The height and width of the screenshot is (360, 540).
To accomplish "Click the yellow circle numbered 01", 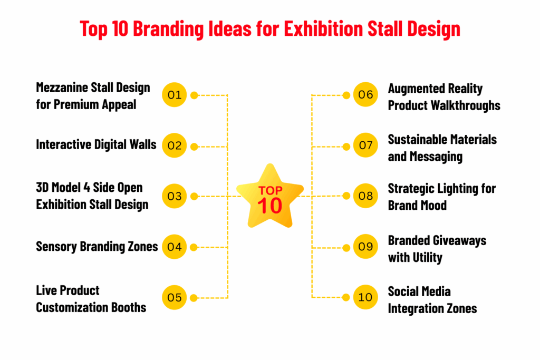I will pos(175,95).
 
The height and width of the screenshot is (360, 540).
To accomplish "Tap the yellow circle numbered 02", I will pos(175,145).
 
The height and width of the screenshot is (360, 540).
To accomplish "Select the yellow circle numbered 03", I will pos(175,196).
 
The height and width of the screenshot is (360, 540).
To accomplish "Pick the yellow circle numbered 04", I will pos(175,247).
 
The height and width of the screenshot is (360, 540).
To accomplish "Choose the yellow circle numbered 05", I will pos(175,298).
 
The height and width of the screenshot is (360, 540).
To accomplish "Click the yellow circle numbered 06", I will pos(365,95).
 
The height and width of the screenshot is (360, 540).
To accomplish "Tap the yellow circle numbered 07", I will pos(365,145).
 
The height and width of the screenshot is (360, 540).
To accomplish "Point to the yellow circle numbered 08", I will pos(365,196).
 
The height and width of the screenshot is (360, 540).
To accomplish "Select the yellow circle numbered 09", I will pos(365,247).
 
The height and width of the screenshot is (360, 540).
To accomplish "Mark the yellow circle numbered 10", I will pos(365,298).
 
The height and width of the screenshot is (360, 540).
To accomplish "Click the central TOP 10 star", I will pos(270,197).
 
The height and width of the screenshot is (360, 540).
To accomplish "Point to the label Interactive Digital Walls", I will pos(96,144).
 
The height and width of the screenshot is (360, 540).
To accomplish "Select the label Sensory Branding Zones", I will pos(97,246).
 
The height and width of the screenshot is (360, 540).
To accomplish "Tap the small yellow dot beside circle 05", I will pos(194,298).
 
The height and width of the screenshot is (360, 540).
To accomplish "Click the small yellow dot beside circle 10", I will pos(346,298).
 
